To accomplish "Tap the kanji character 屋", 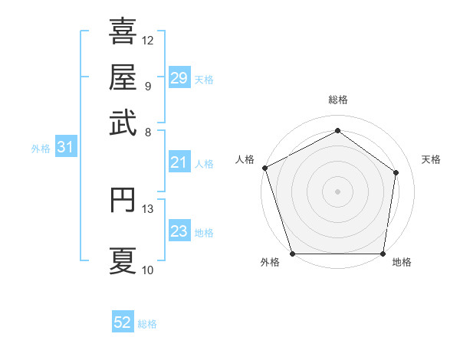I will click(x=123, y=77).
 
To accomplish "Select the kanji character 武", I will click(x=123, y=123).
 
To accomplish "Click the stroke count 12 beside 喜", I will click(x=148, y=40).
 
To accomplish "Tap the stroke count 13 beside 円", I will click(x=148, y=208).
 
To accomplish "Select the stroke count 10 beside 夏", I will click(x=148, y=270).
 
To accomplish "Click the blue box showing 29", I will click(x=179, y=78).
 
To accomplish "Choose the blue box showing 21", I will click(x=179, y=162).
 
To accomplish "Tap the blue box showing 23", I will click(x=179, y=231).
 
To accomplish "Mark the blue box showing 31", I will click(x=65, y=148).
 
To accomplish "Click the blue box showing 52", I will click(x=123, y=322).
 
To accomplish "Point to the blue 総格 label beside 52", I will click(x=147, y=324).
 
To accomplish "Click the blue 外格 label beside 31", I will click(x=41, y=149).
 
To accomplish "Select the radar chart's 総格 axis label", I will click(x=337, y=100).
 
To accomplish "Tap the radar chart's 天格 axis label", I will click(x=431, y=159).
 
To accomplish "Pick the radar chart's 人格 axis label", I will click(x=245, y=159).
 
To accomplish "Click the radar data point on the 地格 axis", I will click(x=383, y=254).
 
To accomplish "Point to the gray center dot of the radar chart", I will click(x=337, y=191).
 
